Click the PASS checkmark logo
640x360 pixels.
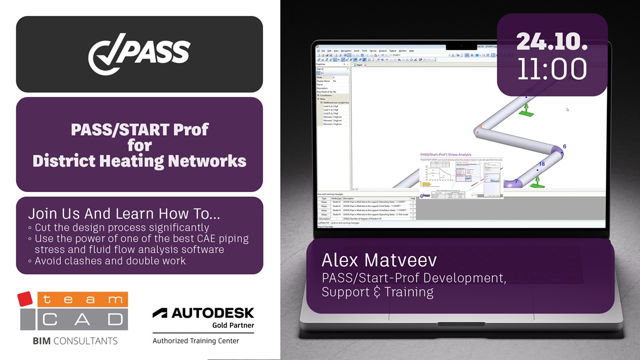139,54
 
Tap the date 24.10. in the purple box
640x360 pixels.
552,41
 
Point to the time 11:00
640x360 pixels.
552,69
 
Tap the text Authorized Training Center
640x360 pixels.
196,341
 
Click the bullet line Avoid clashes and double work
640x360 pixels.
110,261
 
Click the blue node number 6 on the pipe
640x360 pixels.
564,147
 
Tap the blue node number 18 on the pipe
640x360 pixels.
541,164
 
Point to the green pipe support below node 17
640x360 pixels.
526,110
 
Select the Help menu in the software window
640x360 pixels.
411,51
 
